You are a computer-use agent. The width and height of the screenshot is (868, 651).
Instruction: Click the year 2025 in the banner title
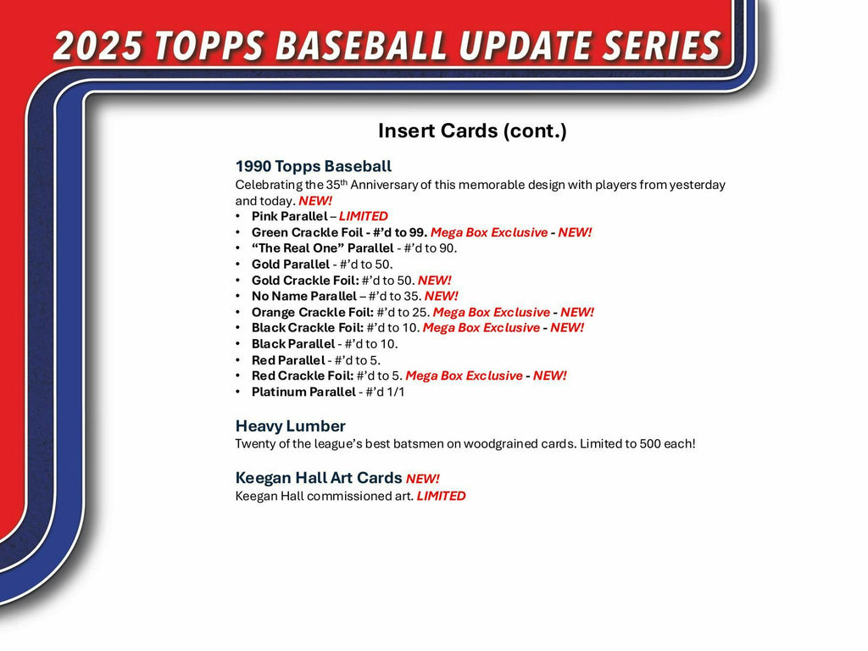point(95,47)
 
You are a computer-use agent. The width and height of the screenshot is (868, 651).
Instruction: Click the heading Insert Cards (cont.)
point(472,131)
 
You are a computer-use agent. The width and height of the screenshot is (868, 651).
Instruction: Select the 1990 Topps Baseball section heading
point(314,166)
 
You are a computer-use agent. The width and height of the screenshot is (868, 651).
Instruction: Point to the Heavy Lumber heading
point(290,426)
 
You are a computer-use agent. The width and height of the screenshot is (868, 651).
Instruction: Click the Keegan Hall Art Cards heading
point(319,478)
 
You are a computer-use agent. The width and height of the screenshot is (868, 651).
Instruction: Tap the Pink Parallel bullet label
point(289,216)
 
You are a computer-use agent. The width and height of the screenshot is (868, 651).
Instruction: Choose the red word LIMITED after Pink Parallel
point(363,216)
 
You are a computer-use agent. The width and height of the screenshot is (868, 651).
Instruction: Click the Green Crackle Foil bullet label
point(309,232)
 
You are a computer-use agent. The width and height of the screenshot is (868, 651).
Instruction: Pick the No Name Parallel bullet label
point(303,296)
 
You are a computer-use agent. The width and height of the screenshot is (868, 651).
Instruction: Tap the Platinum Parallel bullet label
point(303,392)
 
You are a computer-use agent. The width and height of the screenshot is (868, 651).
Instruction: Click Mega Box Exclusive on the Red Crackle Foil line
point(464,376)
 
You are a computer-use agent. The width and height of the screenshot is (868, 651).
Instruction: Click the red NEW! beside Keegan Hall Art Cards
point(422,479)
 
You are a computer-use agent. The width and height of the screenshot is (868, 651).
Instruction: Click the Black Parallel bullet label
point(292,344)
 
